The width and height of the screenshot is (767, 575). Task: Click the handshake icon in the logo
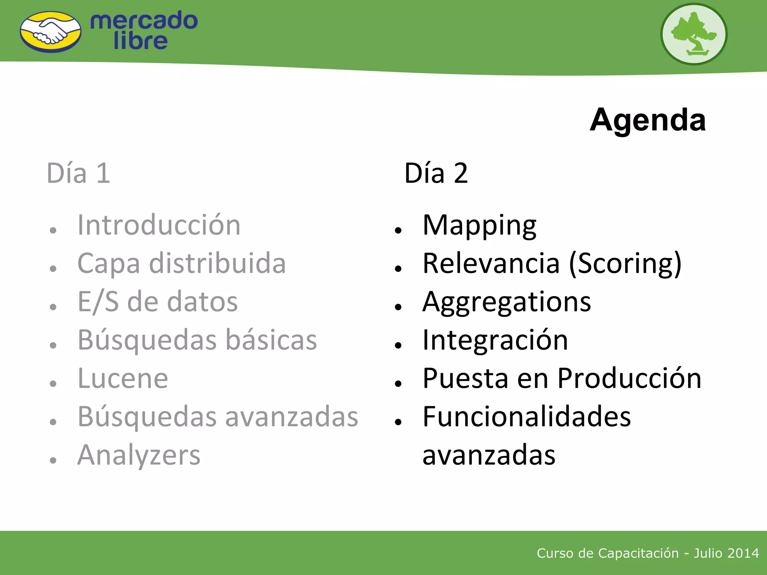(x=51, y=32)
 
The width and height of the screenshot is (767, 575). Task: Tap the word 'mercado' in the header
(x=144, y=21)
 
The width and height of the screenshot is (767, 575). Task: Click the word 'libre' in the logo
(x=140, y=41)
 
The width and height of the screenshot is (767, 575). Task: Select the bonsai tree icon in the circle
(x=694, y=34)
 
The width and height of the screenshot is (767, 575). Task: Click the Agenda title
(x=648, y=120)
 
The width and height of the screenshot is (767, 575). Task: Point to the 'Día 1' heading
(x=78, y=173)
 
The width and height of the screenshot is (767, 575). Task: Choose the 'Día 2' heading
(x=436, y=173)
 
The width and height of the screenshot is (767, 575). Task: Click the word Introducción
(x=159, y=225)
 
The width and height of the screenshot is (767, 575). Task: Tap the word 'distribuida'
(x=217, y=263)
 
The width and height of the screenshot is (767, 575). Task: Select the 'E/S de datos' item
(x=157, y=302)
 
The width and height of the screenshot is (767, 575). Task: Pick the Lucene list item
(x=123, y=378)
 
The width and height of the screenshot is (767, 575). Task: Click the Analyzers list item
(x=139, y=455)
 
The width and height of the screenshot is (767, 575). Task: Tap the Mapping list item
(x=479, y=225)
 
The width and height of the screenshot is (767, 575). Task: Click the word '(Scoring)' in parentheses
(x=625, y=264)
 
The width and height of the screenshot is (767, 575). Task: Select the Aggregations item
(x=506, y=302)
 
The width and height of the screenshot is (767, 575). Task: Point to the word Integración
(x=495, y=340)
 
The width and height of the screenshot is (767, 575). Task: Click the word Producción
(x=629, y=378)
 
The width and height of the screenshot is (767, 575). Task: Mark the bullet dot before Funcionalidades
(x=398, y=422)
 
